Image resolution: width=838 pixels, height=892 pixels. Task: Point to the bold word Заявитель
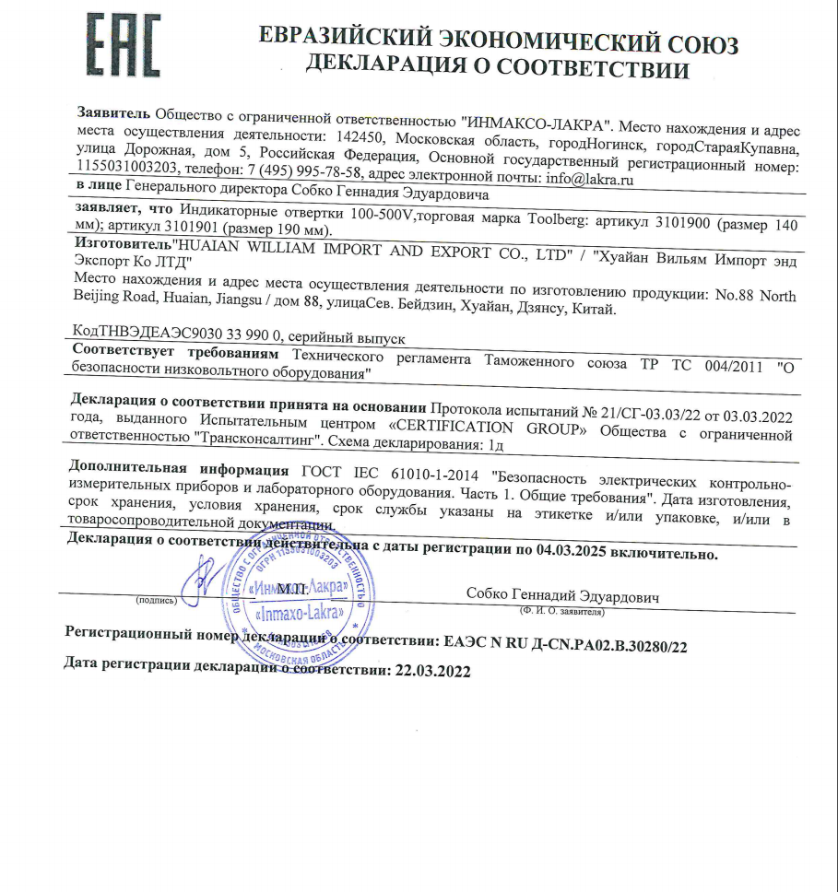point(112,113)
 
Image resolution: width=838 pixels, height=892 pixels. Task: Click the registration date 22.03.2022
point(431,672)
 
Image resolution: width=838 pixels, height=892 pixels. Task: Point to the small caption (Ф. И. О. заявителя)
point(562,611)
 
